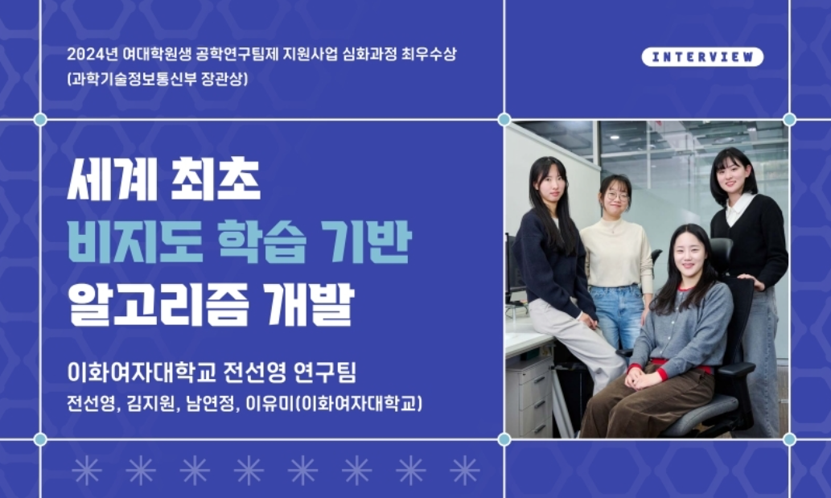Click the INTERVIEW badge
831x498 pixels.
[702, 56]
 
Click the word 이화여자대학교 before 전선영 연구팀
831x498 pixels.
[142, 372]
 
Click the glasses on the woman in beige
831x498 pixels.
[618, 196]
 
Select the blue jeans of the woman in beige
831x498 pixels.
[619, 317]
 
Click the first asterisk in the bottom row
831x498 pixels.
[87, 470]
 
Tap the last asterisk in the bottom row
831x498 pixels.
[464, 470]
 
